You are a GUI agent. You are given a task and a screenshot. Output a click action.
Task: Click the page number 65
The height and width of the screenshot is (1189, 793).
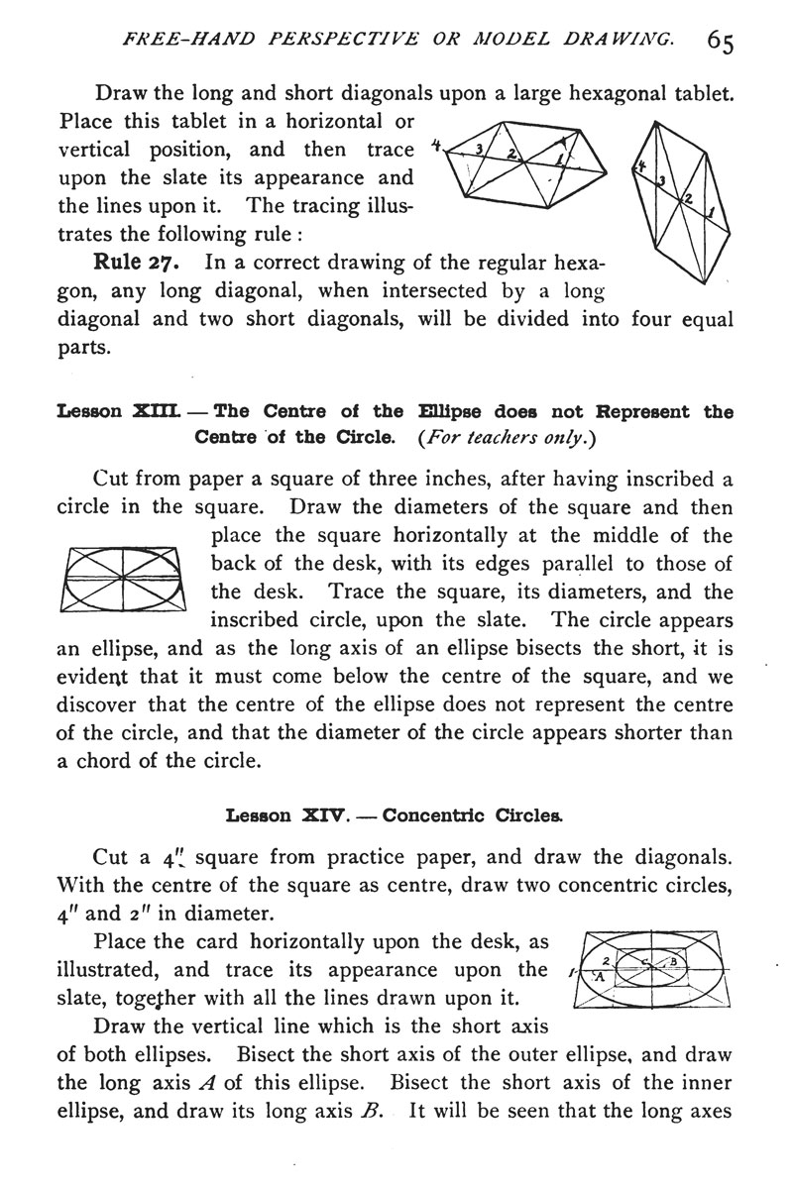(x=720, y=44)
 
